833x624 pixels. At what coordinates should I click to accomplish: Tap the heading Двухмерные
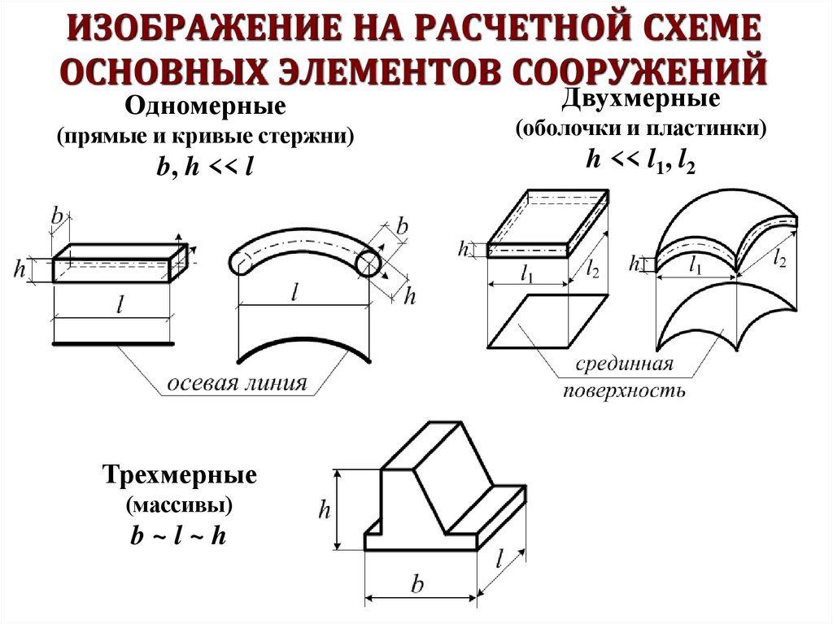tap(639, 99)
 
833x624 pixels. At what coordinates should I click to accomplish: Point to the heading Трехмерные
tap(180, 474)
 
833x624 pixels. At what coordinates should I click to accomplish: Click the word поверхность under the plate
tap(624, 391)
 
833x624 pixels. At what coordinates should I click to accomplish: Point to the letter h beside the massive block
tap(324, 510)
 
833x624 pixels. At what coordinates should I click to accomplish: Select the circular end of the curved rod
tap(368, 264)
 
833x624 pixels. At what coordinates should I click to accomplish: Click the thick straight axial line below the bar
tap(113, 345)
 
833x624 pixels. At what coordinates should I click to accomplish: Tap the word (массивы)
tap(179, 506)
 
